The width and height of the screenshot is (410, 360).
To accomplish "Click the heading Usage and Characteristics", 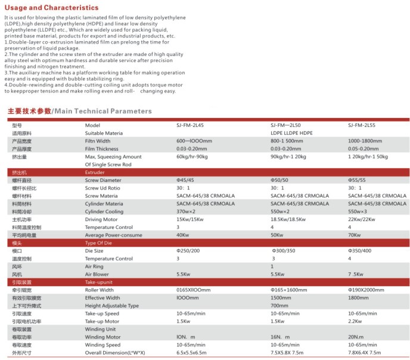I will click(x=52, y=8).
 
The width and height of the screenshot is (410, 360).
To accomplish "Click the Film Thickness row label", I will click(x=103, y=149).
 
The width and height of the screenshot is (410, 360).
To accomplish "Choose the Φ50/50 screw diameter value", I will click(x=279, y=180).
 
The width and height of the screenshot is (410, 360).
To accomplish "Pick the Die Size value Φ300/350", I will click(x=284, y=251).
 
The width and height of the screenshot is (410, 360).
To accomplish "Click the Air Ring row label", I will click(x=95, y=266).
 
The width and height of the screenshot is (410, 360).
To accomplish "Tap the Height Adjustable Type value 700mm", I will click(x=279, y=305).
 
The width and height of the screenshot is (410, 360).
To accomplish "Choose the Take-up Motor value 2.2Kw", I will click(x=356, y=321).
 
